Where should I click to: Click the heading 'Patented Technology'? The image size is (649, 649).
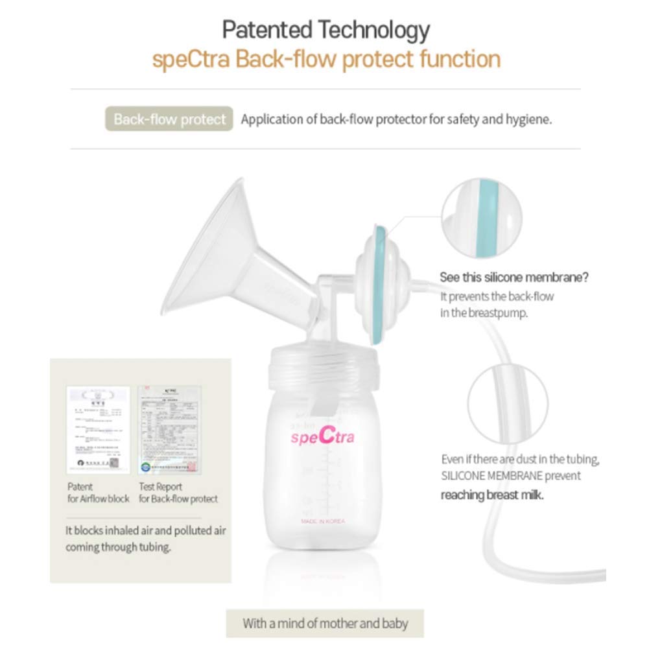pyautogui.click(x=325, y=30)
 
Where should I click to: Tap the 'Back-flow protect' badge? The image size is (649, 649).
pyautogui.click(x=169, y=119)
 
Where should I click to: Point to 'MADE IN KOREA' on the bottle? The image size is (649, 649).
pyautogui.click(x=323, y=521)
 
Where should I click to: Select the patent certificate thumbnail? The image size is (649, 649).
pyautogui.click(x=99, y=430)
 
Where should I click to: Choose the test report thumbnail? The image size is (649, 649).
pyautogui.click(x=169, y=430)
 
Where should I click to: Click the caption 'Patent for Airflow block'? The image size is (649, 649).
pyautogui.click(x=98, y=493)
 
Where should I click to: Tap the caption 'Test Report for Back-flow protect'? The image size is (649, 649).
pyautogui.click(x=178, y=493)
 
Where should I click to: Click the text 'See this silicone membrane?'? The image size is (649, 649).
pyautogui.click(x=514, y=277)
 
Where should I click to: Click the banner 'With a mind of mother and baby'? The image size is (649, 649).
pyautogui.click(x=325, y=624)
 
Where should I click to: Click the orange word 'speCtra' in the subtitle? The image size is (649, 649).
pyautogui.click(x=191, y=60)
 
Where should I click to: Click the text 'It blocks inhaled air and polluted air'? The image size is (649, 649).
pyautogui.click(x=145, y=530)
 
